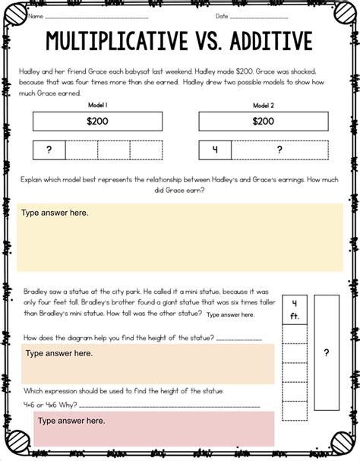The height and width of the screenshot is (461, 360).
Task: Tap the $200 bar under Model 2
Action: [x=262, y=120]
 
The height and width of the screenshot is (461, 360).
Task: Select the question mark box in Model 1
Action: [x=49, y=150]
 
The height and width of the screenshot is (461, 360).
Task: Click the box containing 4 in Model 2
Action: [x=214, y=150]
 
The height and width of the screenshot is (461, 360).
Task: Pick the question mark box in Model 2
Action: [x=279, y=150]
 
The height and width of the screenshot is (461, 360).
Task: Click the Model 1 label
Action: [x=96, y=105]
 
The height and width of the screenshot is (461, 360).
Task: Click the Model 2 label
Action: [x=262, y=105]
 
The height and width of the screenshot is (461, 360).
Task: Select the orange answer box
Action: [x=148, y=363]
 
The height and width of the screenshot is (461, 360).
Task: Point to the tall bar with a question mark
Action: [x=326, y=352]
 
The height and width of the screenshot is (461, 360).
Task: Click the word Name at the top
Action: [x=35, y=15]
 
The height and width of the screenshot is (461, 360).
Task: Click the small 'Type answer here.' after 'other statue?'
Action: [x=230, y=314]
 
